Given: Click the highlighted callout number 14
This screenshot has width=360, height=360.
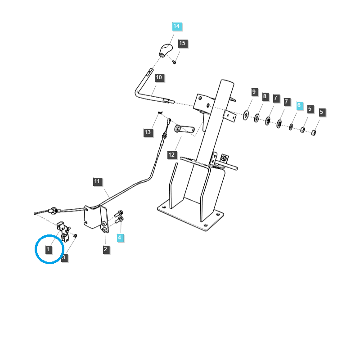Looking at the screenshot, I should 176,26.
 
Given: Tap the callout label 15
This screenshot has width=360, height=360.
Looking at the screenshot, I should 182,43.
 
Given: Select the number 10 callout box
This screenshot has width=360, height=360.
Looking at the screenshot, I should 158,77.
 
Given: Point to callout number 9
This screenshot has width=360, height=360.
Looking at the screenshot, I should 254,92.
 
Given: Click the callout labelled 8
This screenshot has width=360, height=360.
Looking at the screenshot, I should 265,96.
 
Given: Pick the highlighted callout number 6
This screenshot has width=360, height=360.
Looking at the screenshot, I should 299,105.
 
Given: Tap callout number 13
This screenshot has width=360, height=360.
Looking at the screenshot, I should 148,132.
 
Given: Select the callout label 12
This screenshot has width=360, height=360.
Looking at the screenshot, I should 171,155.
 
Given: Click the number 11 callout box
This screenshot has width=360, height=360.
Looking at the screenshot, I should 98,182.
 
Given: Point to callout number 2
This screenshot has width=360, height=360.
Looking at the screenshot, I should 106,249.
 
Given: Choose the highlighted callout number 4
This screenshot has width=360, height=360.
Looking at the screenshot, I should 120,237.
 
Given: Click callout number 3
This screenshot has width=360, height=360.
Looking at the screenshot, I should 64,257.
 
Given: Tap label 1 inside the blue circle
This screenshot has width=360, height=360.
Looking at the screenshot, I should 48,249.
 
